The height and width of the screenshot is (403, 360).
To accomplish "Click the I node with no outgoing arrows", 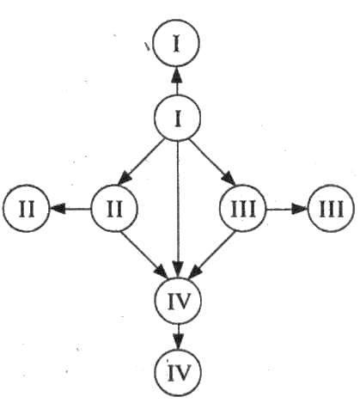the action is pyautogui.click(x=176, y=44).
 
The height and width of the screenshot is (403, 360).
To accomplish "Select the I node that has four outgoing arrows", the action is pyautogui.click(x=177, y=118).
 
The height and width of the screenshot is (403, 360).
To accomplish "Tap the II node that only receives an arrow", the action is pyautogui.click(x=27, y=209).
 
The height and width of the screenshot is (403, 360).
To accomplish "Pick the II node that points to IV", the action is pyautogui.click(x=114, y=209).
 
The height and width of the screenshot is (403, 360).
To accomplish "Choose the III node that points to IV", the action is pyautogui.click(x=243, y=209).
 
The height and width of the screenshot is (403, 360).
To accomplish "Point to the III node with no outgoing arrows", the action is pyautogui.click(x=331, y=209).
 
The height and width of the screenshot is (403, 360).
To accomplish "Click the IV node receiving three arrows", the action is pyautogui.click(x=178, y=301).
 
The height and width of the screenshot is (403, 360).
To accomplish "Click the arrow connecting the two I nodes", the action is pyautogui.click(x=177, y=81).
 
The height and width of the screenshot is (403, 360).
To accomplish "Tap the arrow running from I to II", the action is pyautogui.click(x=141, y=162).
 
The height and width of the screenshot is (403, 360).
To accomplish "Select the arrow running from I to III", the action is pyautogui.click(x=212, y=162).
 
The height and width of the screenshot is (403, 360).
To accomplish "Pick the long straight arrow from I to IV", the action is pyautogui.click(x=178, y=210).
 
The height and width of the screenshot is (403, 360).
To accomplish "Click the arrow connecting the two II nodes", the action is pyautogui.click(x=70, y=209).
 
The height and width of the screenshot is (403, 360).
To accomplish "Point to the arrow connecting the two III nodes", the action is pyautogui.click(x=287, y=209).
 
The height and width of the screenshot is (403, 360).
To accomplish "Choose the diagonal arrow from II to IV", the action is pyautogui.click(x=143, y=254).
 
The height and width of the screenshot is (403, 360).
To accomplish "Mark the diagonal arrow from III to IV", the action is pyautogui.click(x=212, y=254).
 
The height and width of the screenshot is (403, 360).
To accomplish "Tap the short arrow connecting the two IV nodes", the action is pyautogui.click(x=178, y=337).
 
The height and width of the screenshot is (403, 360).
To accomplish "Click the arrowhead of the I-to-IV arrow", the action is pyautogui.click(x=178, y=270).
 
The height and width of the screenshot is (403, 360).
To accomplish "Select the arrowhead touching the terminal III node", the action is pyautogui.click(x=300, y=209).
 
